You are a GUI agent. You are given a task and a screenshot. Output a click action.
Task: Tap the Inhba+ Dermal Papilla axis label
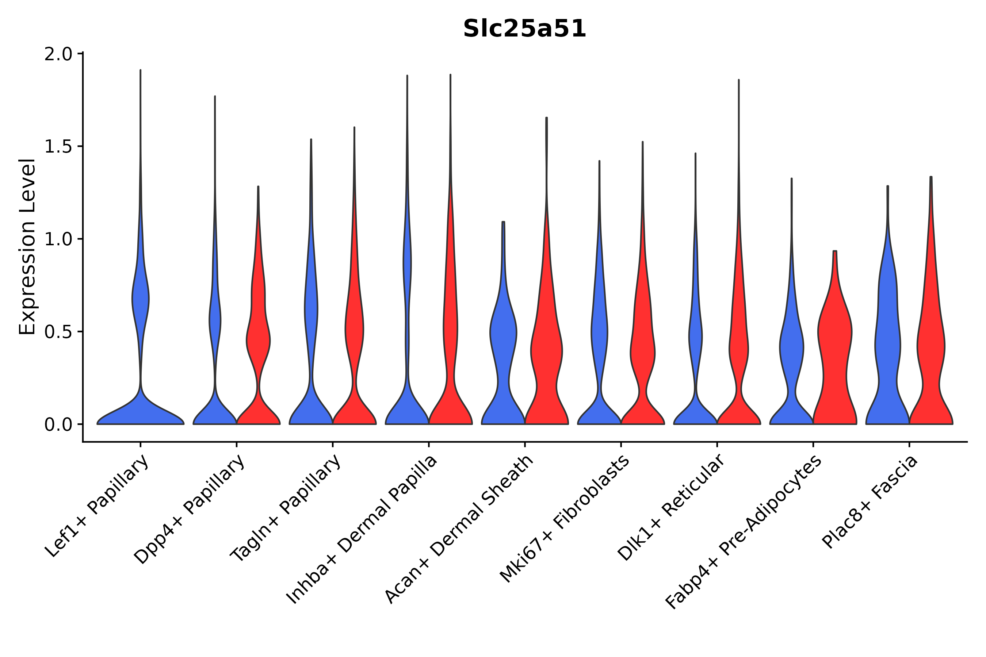pyautogui.click(x=362, y=530)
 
